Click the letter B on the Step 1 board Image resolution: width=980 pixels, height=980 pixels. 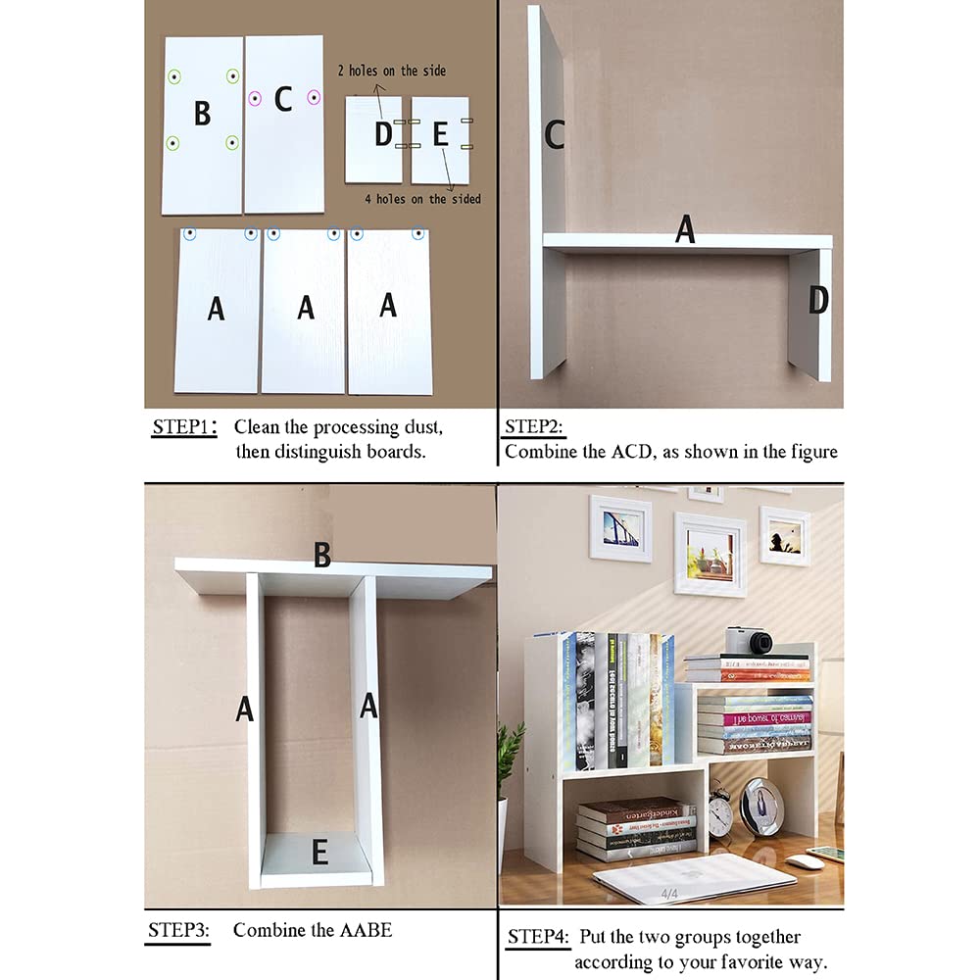coord(202,114)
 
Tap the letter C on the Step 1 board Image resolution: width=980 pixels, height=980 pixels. coord(283,99)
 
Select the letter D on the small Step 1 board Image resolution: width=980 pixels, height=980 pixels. coord(382,134)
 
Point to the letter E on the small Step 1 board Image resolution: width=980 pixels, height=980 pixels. coord(440,134)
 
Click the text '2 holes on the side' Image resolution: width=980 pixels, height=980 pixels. coord(391,71)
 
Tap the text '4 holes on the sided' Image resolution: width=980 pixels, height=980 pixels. coord(423,199)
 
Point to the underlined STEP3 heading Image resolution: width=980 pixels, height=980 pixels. coord(178,930)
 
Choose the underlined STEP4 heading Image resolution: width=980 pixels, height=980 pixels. coord(537,938)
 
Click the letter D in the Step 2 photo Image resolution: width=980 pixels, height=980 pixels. coord(817,301)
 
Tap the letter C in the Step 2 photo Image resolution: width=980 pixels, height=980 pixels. coord(554,135)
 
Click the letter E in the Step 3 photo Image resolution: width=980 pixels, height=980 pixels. coord(318,854)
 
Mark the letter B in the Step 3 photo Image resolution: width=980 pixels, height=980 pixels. coord(321,556)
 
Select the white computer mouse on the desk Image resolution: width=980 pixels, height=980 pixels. coord(806,861)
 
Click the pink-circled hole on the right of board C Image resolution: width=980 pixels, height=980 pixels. coord(314,97)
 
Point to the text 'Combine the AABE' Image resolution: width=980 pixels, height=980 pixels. coord(312,930)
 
